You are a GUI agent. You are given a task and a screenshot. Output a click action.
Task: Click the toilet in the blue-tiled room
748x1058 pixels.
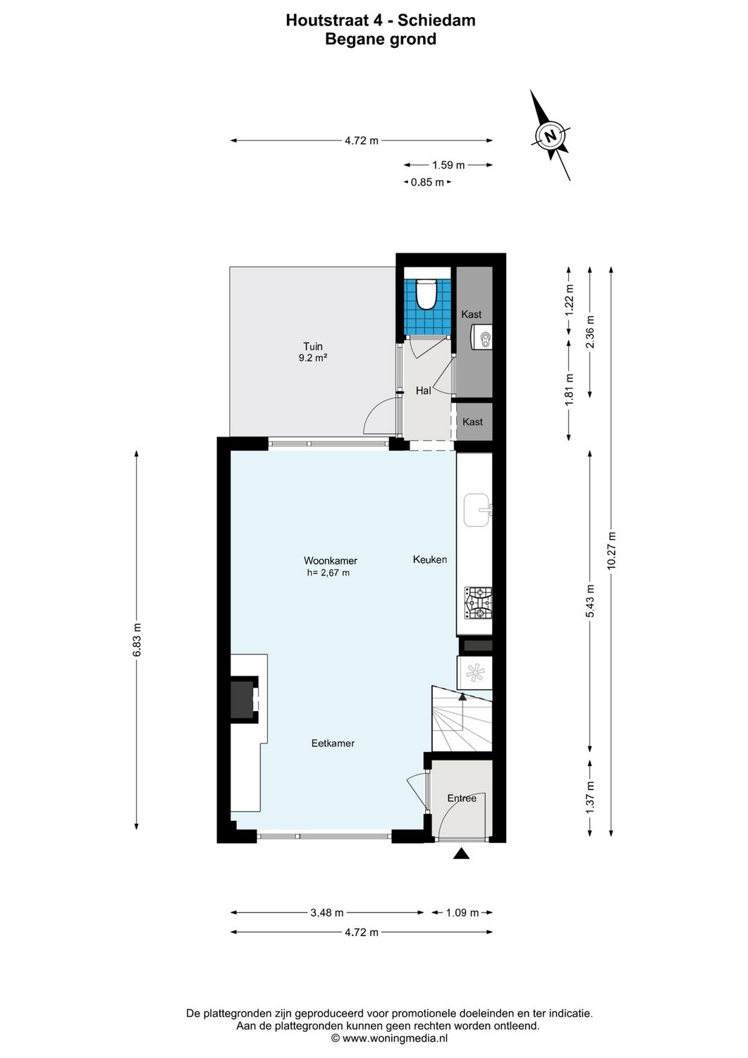427,295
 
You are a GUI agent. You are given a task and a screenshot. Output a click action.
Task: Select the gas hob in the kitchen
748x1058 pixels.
477,604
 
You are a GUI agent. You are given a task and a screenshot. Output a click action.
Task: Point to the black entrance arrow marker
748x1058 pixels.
461,854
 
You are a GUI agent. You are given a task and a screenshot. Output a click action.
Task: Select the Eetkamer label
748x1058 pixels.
333,743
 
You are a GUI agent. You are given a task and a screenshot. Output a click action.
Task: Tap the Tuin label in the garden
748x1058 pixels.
313,346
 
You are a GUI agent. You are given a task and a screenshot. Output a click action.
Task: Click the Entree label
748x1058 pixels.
462,798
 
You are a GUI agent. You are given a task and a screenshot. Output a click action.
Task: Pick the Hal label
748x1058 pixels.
423,390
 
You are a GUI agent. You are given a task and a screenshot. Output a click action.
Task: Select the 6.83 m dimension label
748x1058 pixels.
137,640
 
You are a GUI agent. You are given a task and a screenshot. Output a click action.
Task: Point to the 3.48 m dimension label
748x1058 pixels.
327,913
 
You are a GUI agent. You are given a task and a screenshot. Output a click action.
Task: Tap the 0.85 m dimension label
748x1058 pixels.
427,183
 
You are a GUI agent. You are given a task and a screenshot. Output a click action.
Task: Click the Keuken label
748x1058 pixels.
430,559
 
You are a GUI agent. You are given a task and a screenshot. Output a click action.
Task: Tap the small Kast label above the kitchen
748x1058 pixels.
472,422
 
